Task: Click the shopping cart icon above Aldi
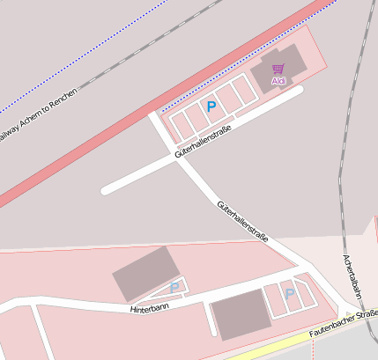click(278, 69)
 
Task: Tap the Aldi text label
click(278, 81)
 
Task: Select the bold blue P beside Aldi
click(211, 106)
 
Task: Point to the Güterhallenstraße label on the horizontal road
click(203, 143)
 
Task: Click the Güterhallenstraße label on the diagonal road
click(241, 219)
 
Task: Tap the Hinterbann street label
click(148, 309)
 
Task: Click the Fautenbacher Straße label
click(345, 324)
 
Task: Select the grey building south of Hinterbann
click(240, 315)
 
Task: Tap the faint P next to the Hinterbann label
click(174, 288)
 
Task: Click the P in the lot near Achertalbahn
click(289, 293)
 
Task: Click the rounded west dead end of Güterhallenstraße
click(106, 189)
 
